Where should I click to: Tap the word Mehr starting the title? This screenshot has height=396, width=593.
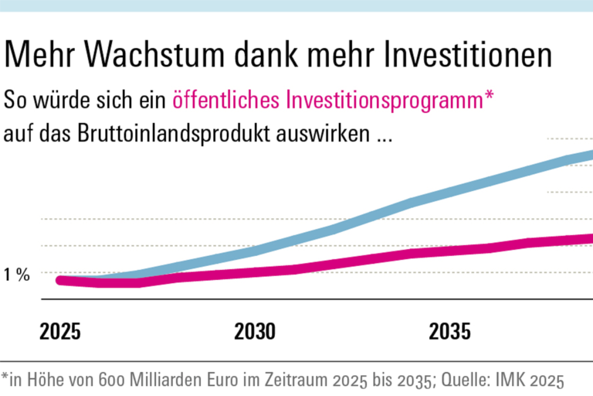click(x=42, y=55)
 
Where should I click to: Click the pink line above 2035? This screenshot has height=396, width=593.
click(x=450, y=251)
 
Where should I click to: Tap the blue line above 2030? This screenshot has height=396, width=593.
click(x=254, y=250)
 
